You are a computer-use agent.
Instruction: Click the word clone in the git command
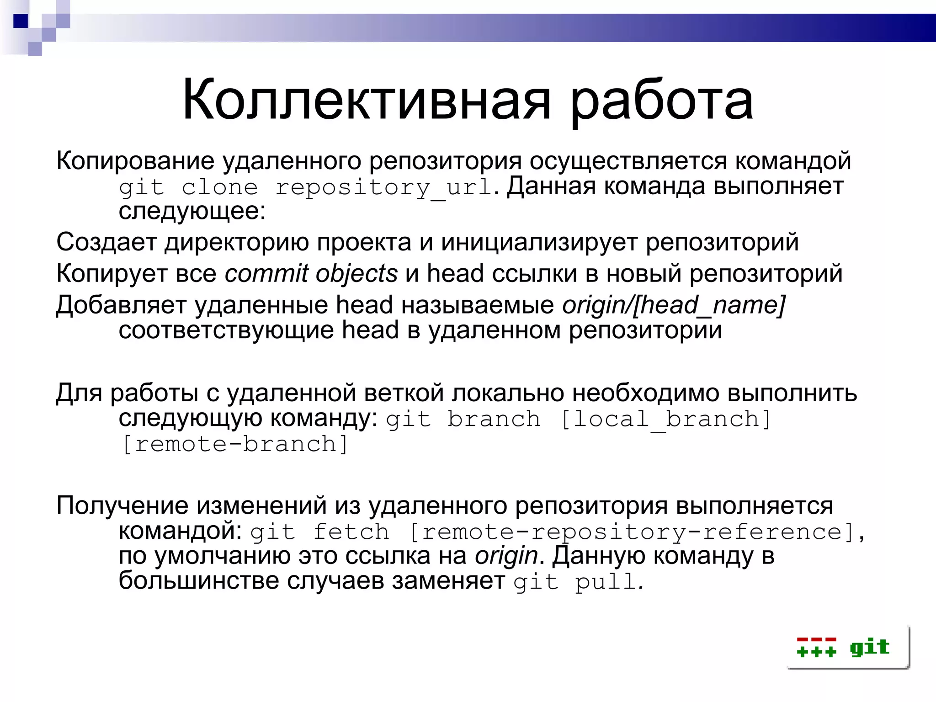point(219,187)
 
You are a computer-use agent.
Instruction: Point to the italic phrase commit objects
point(311,274)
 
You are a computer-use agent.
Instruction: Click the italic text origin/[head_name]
point(674,305)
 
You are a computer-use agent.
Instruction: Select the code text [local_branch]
point(665,419)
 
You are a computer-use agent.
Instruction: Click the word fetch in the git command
point(351,532)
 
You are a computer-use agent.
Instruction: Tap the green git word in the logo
point(869,647)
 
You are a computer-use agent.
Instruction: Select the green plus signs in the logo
point(816,651)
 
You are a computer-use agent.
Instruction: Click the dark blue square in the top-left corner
point(21,21)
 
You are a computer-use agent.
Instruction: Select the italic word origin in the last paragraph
point(506,556)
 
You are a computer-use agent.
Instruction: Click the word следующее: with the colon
point(192,212)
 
